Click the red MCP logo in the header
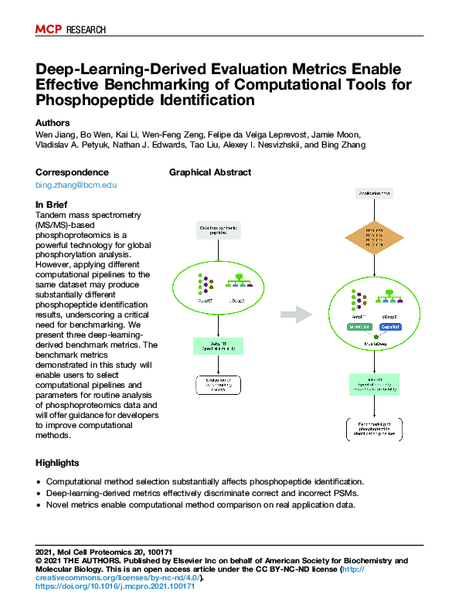49,29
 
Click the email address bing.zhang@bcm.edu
76,185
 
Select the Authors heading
53,123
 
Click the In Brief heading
53,205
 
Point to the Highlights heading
57,463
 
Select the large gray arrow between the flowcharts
294,314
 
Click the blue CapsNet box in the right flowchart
389,327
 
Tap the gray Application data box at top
374,192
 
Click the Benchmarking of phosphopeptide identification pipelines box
374,430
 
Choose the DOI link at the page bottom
115,586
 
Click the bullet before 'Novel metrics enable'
39,505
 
